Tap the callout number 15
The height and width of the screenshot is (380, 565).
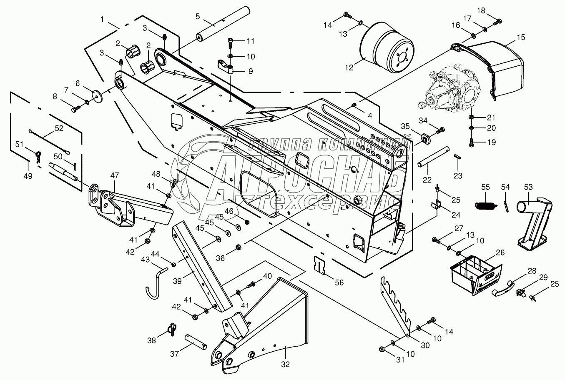521,37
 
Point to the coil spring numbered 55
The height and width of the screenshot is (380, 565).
485,205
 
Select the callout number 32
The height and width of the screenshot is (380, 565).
285,364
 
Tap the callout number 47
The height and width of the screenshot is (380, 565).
114,175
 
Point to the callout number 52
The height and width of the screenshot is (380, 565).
59,128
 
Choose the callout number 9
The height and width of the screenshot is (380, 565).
251,71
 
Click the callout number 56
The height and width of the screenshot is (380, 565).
339,282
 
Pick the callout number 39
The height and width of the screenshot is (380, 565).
177,281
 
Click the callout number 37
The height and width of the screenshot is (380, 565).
174,354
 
